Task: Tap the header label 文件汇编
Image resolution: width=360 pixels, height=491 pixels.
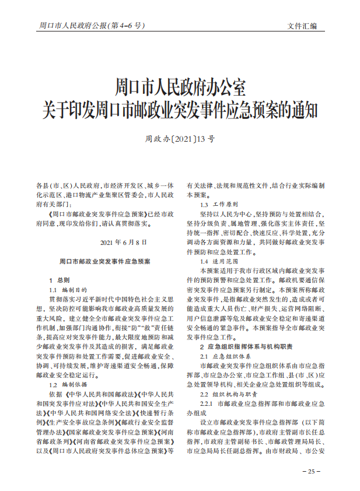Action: pyautogui.click(x=302, y=26)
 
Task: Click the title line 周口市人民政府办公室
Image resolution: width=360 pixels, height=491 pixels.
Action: pyautogui.click(x=180, y=88)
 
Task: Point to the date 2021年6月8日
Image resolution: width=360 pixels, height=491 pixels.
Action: pyautogui.click(x=124, y=242)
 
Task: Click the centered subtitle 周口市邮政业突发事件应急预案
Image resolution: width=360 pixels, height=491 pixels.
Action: pyautogui.click(x=105, y=262)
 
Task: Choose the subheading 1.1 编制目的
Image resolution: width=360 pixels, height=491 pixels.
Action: pyautogui.click(x=68, y=290)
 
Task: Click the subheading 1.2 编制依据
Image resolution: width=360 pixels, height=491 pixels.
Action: pyautogui.click(x=68, y=385)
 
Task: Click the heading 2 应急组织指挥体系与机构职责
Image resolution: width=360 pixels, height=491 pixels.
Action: pyautogui.click(x=247, y=347)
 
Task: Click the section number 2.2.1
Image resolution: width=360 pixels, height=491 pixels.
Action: pyautogui.click(x=207, y=404)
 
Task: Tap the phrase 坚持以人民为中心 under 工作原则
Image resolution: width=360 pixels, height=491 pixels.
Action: pyautogui.click(x=226, y=214)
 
